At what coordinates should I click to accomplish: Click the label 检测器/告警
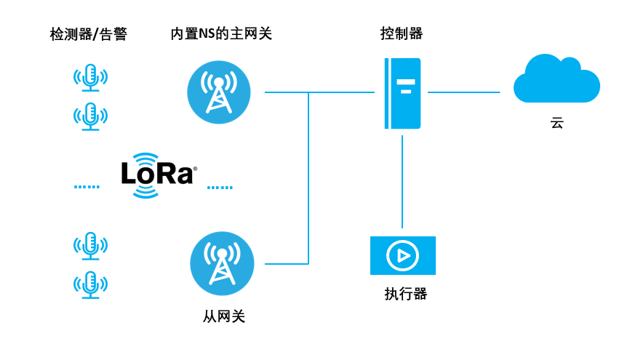pos(88,34)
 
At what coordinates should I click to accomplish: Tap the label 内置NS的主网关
pos(221,33)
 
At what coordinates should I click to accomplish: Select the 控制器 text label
pos(402,33)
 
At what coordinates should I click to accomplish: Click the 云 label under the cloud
pos(557,124)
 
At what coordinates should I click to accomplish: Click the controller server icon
pos(403,94)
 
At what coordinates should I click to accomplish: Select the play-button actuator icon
pos(402,255)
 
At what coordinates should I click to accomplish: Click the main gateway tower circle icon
pos(219,92)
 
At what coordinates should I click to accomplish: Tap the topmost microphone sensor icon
pos(90,77)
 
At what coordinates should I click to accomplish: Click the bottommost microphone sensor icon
pos(90,285)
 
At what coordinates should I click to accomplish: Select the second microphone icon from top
pos(90,116)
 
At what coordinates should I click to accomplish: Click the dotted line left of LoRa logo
pos(87,188)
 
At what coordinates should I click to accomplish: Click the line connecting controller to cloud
pos(464,92)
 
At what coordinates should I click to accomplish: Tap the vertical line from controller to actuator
pos(402,182)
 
